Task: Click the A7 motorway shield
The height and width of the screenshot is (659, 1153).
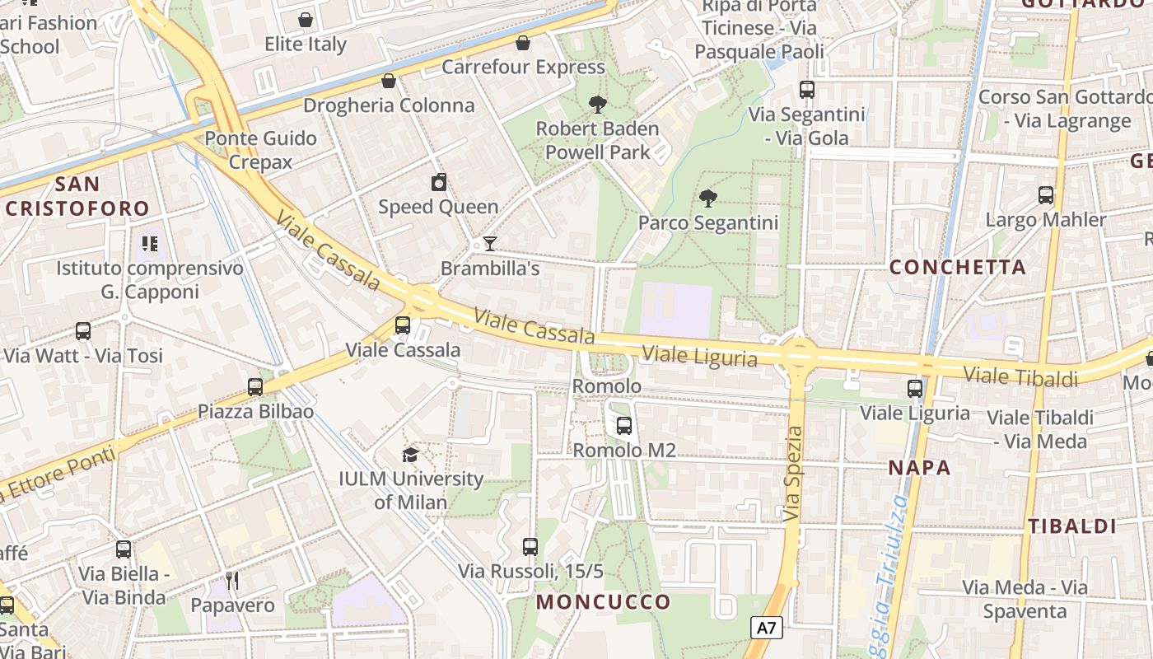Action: click(767, 629)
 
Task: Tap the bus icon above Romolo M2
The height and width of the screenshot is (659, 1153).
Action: click(624, 426)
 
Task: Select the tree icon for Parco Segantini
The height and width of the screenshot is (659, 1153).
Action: click(707, 199)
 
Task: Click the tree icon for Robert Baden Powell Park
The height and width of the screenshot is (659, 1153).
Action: click(598, 105)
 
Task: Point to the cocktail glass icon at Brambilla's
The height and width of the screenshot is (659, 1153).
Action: click(490, 244)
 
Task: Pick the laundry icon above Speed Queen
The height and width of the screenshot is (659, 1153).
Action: click(438, 182)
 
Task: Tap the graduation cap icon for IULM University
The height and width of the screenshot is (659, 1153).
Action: click(410, 455)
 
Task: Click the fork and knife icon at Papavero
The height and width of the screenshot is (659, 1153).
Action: click(232, 581)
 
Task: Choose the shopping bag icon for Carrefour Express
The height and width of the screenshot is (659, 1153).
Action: click(523, 43)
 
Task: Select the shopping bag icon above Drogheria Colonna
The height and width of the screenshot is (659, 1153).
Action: click(389, 81)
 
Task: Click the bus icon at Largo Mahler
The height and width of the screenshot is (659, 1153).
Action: click(1046, 195)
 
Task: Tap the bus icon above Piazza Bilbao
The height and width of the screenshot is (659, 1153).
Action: click(255, 387)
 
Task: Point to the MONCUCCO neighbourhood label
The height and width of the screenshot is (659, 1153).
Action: click(604, 602)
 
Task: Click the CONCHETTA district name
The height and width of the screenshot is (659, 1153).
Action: click(958, 267)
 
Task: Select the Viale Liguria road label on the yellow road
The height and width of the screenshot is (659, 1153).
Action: click(699, 357)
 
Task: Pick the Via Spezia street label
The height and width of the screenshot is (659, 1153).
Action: click(793, 474)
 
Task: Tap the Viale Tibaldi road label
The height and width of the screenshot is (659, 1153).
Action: click(1020, 377)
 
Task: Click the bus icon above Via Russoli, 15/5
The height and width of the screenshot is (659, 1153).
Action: click(530, 546)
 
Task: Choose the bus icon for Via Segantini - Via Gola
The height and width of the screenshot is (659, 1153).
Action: click(807, 90)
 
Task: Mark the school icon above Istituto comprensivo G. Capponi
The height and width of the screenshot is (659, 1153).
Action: click(149, 243)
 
